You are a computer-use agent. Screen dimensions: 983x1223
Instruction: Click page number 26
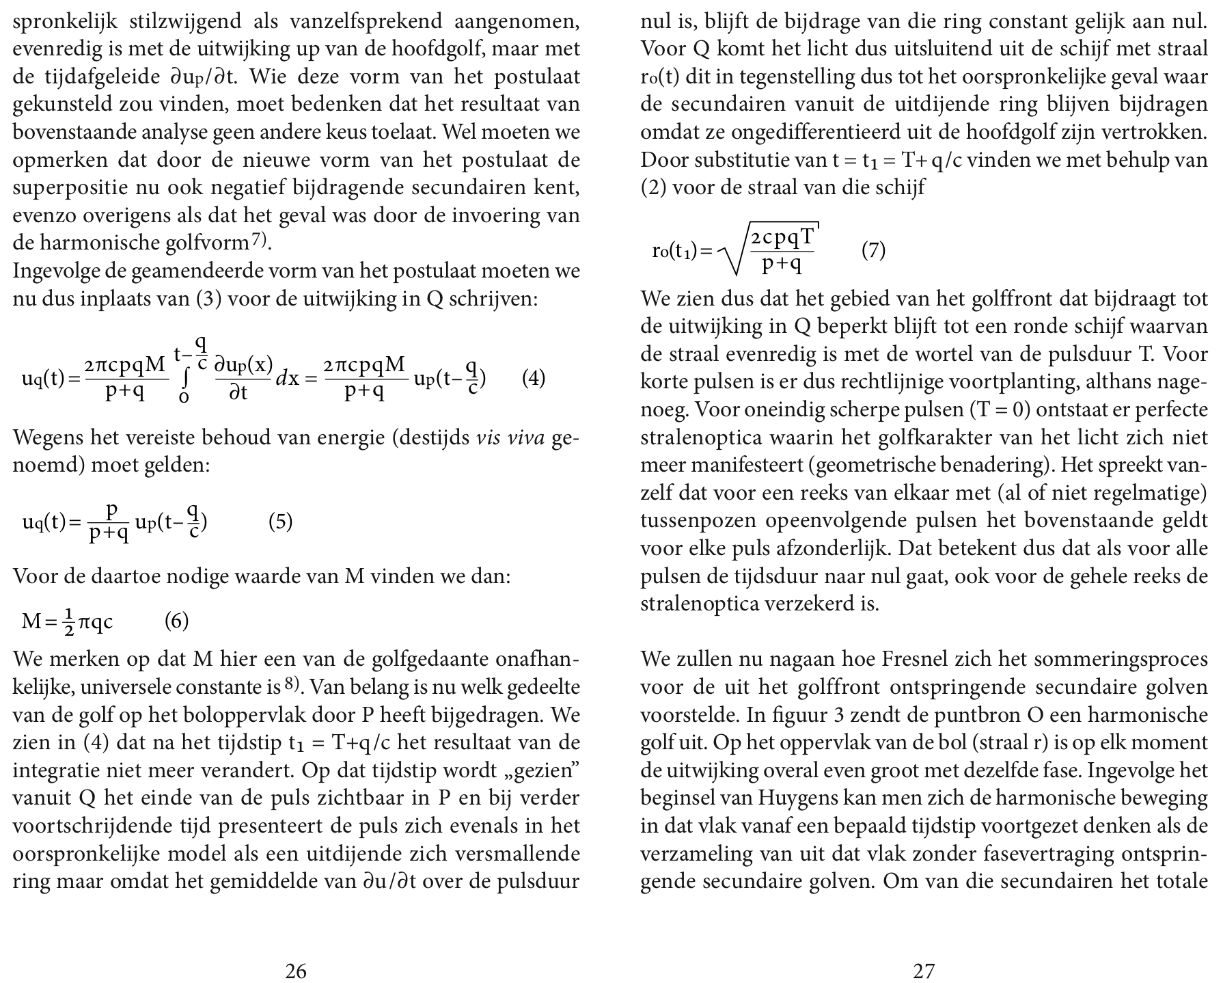click(295, 971)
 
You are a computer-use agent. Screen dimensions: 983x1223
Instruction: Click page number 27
click(924, 971)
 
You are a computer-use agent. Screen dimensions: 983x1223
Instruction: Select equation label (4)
click(534, 378)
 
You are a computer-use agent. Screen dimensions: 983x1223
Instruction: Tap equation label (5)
click(280, 522)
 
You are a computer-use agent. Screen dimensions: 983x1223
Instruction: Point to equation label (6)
click(176, 621)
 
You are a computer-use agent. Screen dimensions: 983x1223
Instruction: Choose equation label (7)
click(873, 251)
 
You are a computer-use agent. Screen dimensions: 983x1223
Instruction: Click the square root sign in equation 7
click(734, 253)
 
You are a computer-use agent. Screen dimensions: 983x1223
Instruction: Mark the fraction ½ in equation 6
click(68, 622)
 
